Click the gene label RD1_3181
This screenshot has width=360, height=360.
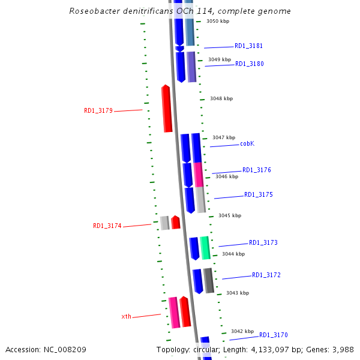(248, 46)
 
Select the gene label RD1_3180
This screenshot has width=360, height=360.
(249, 64)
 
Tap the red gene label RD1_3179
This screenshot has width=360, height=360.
(98, 110)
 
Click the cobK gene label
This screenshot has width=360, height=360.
(247, 144)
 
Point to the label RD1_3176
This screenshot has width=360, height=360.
(257, 170)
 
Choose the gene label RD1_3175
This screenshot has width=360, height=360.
(259, 194)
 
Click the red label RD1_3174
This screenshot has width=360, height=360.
(107, 226)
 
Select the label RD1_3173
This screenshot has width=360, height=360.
(263, 243)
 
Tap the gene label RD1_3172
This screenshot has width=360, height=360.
(266, 275)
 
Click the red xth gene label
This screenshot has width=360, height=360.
(126, 316)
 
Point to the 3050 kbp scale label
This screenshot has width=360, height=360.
(218, 21)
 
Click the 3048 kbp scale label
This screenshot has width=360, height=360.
(221, 98)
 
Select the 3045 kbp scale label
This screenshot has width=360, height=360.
(230, 215)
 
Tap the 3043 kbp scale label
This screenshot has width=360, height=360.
(237, 293)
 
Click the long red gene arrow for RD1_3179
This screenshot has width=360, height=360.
(167, 109)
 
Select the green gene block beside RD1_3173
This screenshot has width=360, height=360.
(205, 248)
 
